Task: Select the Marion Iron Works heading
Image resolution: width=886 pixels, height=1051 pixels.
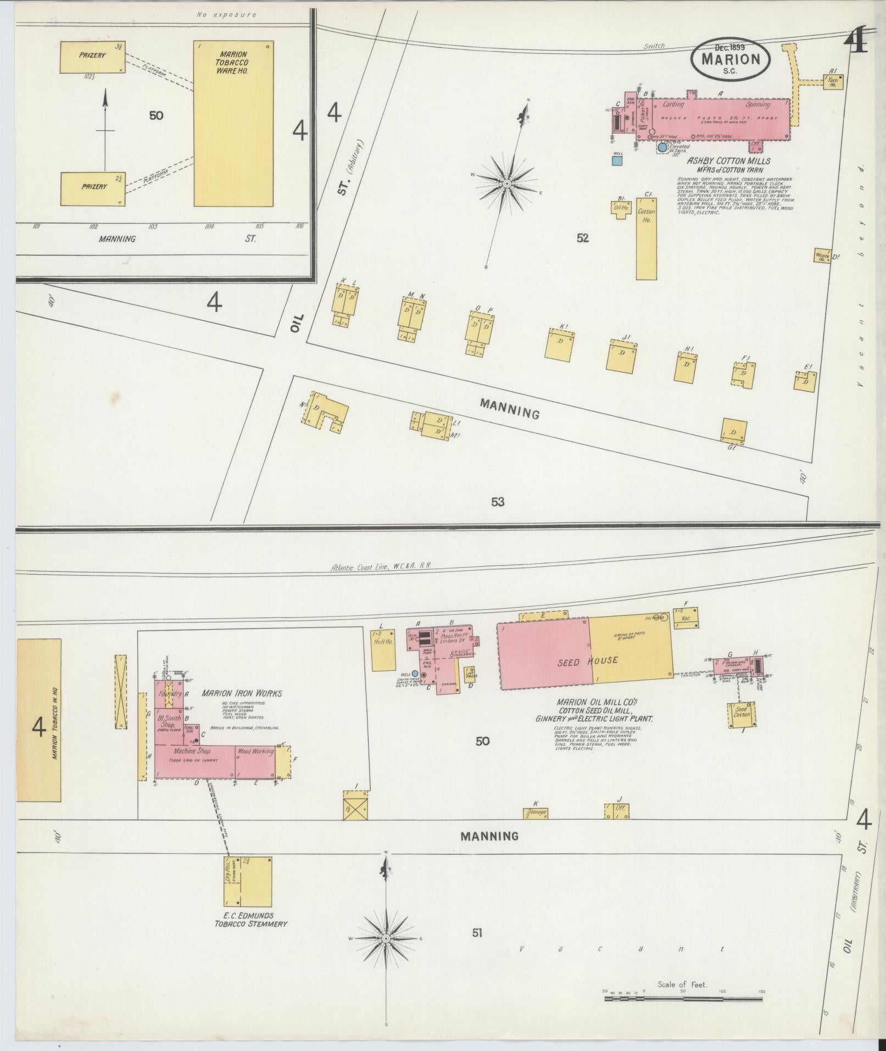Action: coord(241,694)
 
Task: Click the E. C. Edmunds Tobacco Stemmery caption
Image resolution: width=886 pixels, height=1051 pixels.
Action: coord(250,920)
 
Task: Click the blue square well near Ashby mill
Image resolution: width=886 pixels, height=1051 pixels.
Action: coord(617,160)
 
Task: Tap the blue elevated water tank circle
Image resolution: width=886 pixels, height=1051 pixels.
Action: coord(662,147)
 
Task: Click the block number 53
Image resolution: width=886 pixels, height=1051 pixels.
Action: coord(498,502)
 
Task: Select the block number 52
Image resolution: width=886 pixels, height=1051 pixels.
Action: coord(583,238)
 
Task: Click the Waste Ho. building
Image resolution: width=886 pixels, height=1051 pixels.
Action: coord(822,255)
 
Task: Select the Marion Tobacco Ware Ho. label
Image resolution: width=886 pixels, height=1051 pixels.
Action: coord(234,63)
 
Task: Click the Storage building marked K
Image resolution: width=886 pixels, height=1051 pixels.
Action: coord(536,813)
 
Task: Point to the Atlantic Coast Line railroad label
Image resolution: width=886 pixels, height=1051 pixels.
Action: coord(382,568)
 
